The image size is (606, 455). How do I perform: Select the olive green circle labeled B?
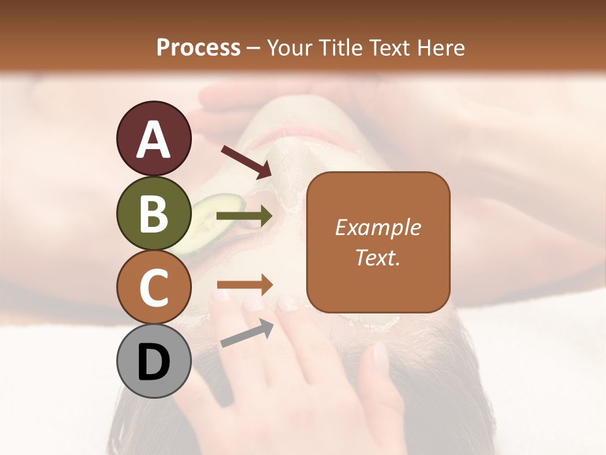tap(153, 213)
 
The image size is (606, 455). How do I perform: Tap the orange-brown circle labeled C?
tap(153, 288)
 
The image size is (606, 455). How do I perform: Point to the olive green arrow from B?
tap(245, 216)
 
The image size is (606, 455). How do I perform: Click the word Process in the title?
tap(198, 47)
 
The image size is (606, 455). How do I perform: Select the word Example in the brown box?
tap(377, 227)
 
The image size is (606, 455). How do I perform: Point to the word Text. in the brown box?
tap(377, 257)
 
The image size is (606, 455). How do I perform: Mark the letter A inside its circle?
tap(153, 139)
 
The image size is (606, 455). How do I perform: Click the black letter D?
tap(153, 363)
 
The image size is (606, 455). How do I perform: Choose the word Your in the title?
tap(290, 47)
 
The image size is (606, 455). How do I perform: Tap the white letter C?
tap(153, 288)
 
